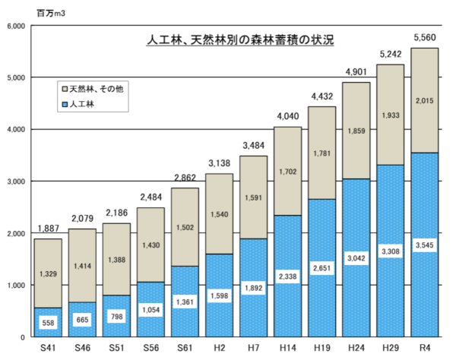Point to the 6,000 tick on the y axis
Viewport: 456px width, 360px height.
click(17, 26)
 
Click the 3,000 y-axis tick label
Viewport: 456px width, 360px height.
click(17, 182)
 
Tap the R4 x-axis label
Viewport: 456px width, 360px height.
click(424, 349)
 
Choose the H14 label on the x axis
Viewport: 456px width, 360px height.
click(288, 349)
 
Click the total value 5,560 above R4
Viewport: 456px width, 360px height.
click(424, 37)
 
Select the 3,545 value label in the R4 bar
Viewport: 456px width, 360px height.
click(424, 245)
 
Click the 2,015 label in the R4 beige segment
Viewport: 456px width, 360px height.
click(424, 100)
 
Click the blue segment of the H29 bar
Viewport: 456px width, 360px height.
click(390, 289)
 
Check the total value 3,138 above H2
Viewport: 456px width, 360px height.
click(220, 163)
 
